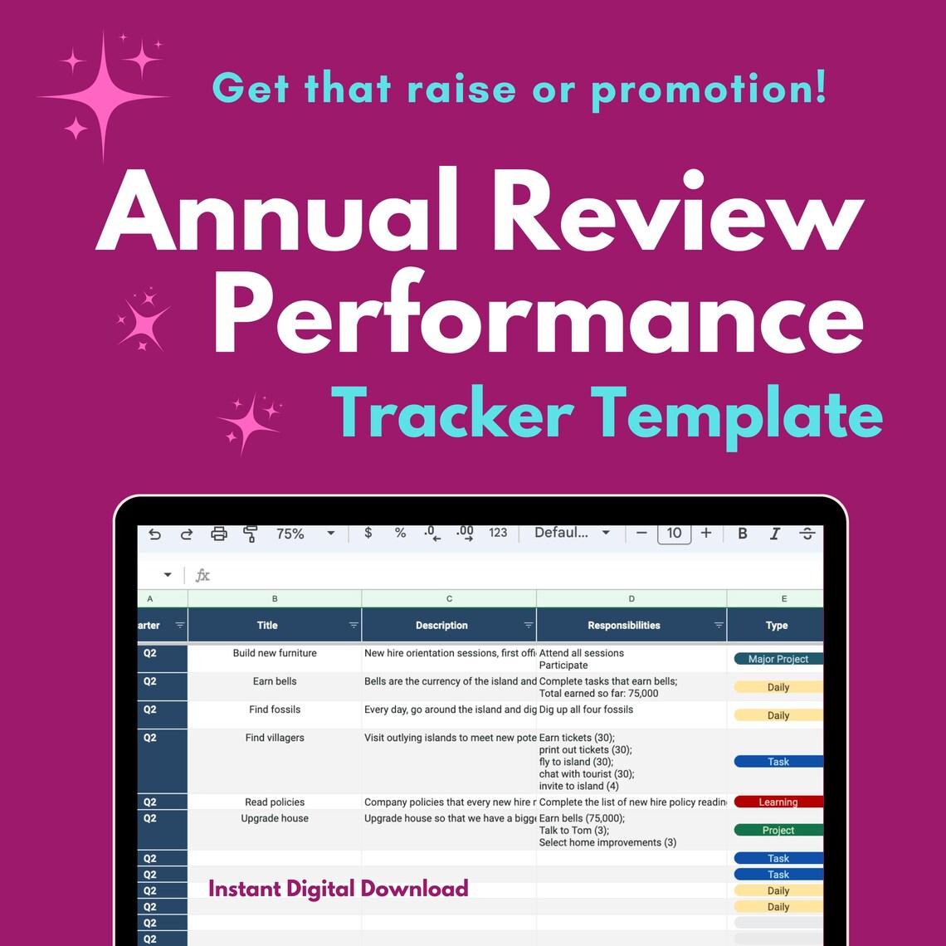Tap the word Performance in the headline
tap(538, 318)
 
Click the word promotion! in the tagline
tap(709, 88)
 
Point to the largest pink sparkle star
tap(103, 96)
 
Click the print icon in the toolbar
tap(219, 534)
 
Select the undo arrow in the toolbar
tap(154, 534)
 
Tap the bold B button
tap(743, 534)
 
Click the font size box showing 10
tap(674, 534)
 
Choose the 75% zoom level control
tap(290, 534)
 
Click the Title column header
tap(267, 626)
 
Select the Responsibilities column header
tap(624, 626)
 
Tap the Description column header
tap(441, 626)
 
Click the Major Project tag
tap(778, 659)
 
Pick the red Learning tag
tap(778, 802)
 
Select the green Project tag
tap(778, 830)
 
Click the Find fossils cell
tap(275, 709)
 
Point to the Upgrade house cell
tap(275, 818)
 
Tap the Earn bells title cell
tap(275, 681)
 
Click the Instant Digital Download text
tap(338, 889)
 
